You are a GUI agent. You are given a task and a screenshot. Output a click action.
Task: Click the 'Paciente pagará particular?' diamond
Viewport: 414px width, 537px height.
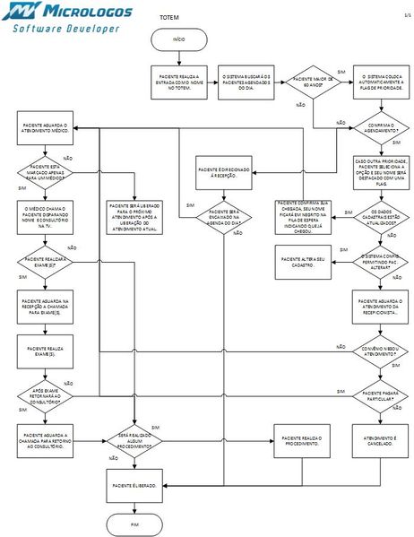coord(381,394)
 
